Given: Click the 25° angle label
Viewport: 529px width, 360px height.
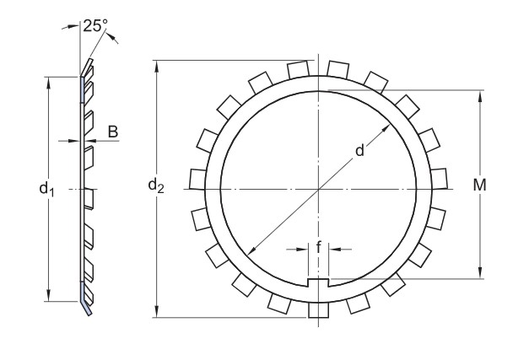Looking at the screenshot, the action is pos(95,25).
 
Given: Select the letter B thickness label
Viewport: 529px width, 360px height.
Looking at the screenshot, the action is pos(113,132).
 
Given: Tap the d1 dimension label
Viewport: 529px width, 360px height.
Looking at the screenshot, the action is pos(46,189).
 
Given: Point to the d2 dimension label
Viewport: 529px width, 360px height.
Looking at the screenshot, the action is pos(156,185).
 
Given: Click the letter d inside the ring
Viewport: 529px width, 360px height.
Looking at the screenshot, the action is pos(360,150).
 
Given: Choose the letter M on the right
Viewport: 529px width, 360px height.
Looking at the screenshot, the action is pos(479,185).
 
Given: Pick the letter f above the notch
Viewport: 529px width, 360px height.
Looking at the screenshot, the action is pos(318,247).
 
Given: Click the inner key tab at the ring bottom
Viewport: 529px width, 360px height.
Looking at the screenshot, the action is pos(318,282).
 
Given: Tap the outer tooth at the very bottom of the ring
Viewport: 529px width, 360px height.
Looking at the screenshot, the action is pos(318,309).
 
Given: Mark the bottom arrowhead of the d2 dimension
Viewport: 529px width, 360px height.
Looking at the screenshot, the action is pos(156,311).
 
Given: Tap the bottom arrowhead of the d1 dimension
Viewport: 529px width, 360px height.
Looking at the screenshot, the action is pos(49,295).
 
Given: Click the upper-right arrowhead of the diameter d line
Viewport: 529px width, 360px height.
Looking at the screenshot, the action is pos(386,129).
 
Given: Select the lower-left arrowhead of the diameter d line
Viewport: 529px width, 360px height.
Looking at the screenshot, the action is pos(251,250).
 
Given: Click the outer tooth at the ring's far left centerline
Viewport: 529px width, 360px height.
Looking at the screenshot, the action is pos(197,179).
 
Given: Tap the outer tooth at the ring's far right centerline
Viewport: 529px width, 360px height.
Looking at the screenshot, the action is pos(439,179).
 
